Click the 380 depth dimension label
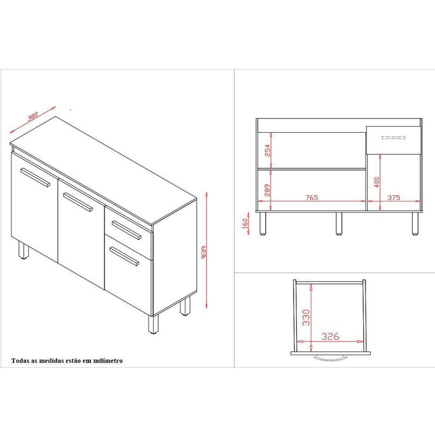pos(33,116)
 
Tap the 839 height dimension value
pos(203,252)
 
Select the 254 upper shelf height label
pos(267,151)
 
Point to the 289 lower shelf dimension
pos(267,190)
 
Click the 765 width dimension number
pos(312,197)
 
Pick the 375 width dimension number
pos(394,197)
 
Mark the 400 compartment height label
pos(377,182)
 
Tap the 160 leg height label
pos(245,223)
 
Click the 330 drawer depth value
pos(306,318)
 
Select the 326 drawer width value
pos(330,337)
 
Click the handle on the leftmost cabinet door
pos(35,177)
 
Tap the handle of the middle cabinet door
pos(78,202)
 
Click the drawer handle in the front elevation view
pos(393,138)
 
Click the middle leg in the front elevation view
pos(339,223)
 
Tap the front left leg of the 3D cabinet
pos(23,250)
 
